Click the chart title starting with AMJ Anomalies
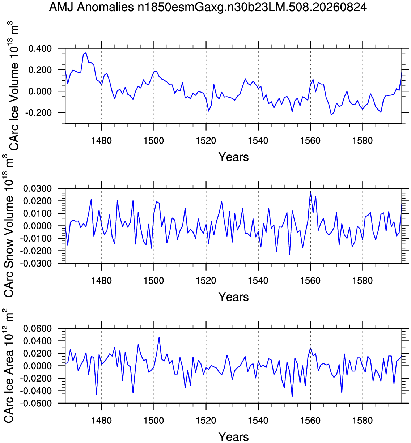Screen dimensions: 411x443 pyautogui.click(x=208, y=8)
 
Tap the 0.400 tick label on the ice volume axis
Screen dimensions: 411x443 pyautogui.click(x=40, y=48)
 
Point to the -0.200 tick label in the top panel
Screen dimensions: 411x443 pyautogui.click(x=38, y=112)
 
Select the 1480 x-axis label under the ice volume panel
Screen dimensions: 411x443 pyautogui.click(x=102, y=141)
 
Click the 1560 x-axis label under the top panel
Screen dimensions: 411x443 pyautogui.click(x=310, y=141)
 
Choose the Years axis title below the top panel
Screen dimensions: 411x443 pyautogui.click(x=233, y=157)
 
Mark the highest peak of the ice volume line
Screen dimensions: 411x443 pyautogui.click(x=86, y=53)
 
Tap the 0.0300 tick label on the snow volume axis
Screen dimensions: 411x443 pyautogui.click(x=38, y=188)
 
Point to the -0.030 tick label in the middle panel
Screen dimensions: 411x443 pyautogui.click(x=36, y=263)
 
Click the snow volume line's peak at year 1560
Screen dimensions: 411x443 pyautogui.click(x=310, y=191)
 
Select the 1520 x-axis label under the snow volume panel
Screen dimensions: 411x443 pyautogui.click(x=206, y=281)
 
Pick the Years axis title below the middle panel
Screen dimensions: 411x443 pyautogui.click(x=233, y=297)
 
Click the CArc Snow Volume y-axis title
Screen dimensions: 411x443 pyautogui.click(x=9, y=226)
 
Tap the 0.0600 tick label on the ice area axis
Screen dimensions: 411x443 pyautogui.click(x=38, y=329)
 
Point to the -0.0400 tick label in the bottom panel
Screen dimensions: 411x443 pyautogui.click(x=36, y=391)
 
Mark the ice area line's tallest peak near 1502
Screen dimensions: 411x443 pyautogui.click(x=159, y=337)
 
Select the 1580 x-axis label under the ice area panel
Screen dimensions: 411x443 pyautogui.click(x=362, y=421)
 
